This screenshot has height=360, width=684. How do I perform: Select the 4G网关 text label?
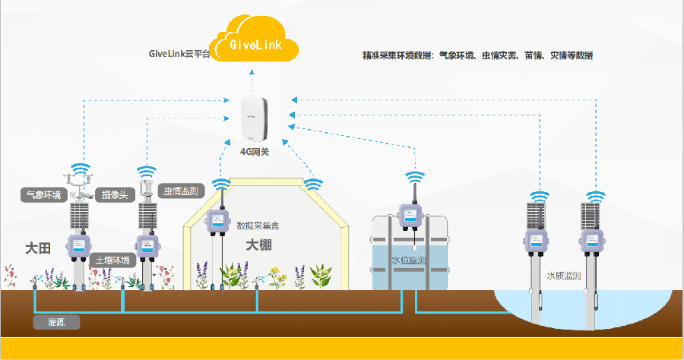click(x=255, y=152)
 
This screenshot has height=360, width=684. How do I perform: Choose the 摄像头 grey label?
click(x=116, y=194)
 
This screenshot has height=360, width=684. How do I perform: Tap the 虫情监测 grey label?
click(x=181, y=190)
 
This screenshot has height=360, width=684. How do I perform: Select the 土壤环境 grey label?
click(x=112, y=260)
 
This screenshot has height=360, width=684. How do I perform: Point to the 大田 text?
click(x=37, y=248)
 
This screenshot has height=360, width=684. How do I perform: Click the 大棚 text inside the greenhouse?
click(x=258, y=245)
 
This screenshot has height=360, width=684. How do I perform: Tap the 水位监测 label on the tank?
click(x=408, y=261)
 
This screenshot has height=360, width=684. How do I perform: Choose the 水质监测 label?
click(x=563, y=275)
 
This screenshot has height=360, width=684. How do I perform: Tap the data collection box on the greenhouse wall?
click(x=219, y=222)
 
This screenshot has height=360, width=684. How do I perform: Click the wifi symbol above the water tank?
click(x=415, y=177)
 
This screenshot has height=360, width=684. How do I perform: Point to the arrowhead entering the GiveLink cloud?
click(x=255, y=70)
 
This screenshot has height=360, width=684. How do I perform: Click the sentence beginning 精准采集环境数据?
click(x=477, y=55)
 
